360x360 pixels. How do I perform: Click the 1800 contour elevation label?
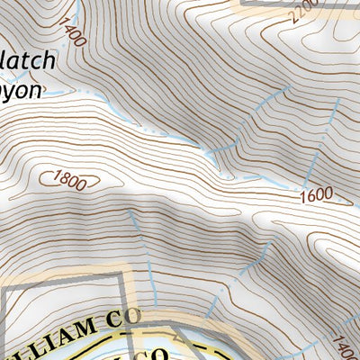point(71,180)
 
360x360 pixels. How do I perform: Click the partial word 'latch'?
point(28,61)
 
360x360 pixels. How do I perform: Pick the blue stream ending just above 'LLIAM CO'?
point(211,306)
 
